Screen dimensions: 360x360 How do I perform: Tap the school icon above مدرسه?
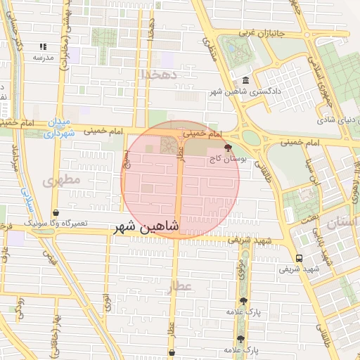point(43,46)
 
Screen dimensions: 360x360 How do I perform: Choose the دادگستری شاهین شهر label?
point(248,91)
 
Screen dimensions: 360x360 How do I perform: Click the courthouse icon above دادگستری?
point(245,80)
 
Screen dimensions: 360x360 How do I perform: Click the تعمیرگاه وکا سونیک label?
point(56,223)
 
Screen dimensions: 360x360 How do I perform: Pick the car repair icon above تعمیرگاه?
point(56,212)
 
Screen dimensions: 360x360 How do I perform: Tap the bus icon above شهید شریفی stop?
point(300,258)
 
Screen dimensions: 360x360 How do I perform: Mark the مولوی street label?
point(241,264)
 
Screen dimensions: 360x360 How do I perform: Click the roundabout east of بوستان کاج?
point(252,138)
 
